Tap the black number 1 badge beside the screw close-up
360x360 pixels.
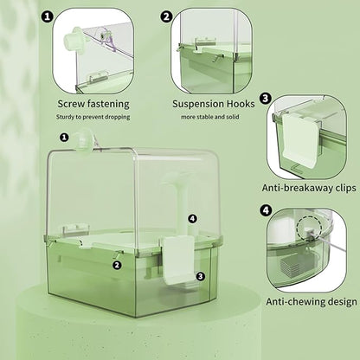47,16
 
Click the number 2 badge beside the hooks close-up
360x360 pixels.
166,16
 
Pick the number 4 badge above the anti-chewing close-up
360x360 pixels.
265,210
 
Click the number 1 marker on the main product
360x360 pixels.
64,137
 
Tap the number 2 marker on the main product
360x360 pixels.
116,265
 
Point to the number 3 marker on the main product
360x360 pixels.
200,276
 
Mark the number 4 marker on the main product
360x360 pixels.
192,219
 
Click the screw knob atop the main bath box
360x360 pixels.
87,139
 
